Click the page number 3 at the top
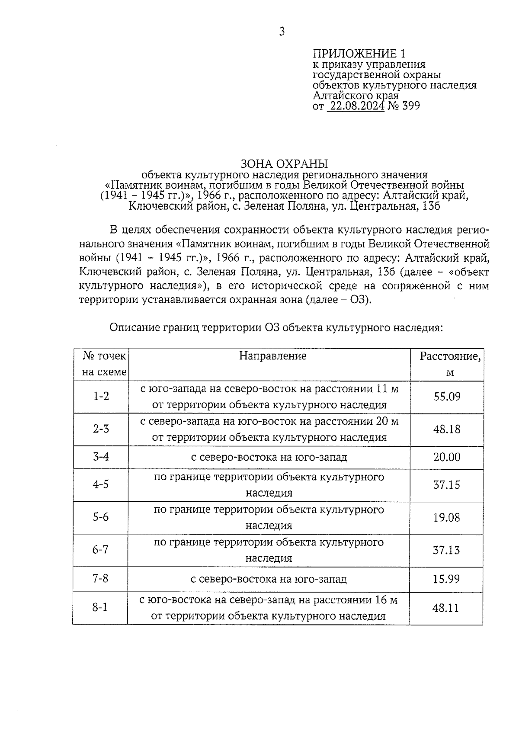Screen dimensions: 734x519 pyautogui.click(x=282, y=32)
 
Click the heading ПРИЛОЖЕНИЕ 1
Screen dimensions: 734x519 pyautogui.click(x=359, y=54)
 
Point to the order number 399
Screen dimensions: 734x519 pyautogui.click(x=410, y=106)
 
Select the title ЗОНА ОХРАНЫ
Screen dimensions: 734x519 pyautogui.click(x=284, y=164)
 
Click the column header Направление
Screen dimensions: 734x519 pyautogui.click(x=272, y=356)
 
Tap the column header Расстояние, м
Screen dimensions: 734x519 pyautogui.click(x=450, y=364)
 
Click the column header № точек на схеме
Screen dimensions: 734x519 pyautogui.click(x=104, y=364)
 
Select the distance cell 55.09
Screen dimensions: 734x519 pyautogui.click(x=447, y=396)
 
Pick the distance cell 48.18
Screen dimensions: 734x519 pyautogui.click(x=447, y=429)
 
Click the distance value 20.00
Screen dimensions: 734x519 pyautogui.click(x=447, y=457)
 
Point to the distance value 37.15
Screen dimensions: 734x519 pyautogui.click(x=447, y=485)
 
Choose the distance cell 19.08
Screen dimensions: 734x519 pyautogui.click(x=447, y=517)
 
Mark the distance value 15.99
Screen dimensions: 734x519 pyautogui.click(x=446, y=579)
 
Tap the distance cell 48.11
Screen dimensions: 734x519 pyautogui.click(x=445, y=608)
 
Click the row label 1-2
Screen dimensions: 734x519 pyautogui.click(x=101, y=396)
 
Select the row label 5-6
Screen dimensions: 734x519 pyautogui.click(x=101, y=517)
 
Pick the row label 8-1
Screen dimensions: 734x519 pyautogui.click(x=100, y=608)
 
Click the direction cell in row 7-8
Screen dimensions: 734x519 pyautogui.click(x=269, y=579)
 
